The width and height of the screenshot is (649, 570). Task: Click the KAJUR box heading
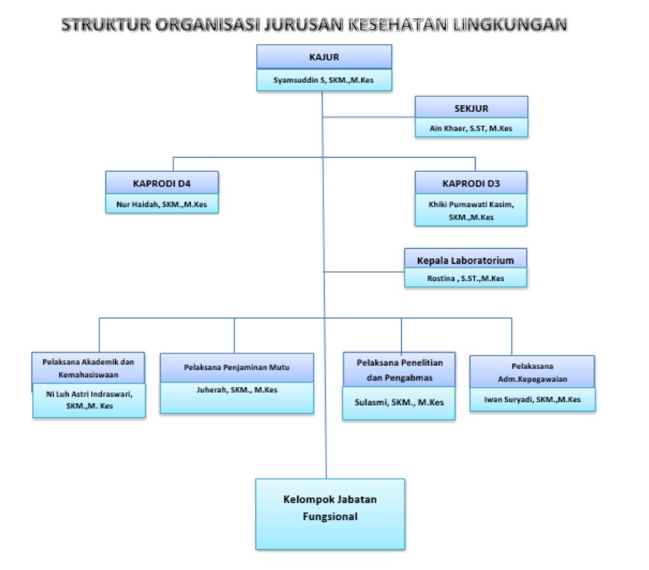pyautogui.click(x=323, y=57)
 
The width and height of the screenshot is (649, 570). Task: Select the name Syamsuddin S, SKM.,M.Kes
pyautogui.click(x=323, y=80)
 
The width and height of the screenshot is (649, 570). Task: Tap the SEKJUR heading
pyautogui.click(x=471, y=108)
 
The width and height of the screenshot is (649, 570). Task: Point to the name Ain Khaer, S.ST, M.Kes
pyautogui.click(x=471, y=128)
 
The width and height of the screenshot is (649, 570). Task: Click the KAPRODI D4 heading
pyautogui.click(x=161, y=183)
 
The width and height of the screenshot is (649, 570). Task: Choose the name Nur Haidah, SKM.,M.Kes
pyautogui.click(x=161, y=205)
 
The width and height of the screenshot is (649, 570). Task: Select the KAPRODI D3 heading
pyautogui.click(x=471, y=183)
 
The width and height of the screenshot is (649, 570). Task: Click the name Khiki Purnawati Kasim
pyautogui.click(x=471, y=204)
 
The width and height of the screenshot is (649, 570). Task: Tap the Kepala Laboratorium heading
pyautogui.click(x=465, y=261)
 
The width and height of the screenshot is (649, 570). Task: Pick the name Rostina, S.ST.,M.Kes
pyautogui.click(x=465, y=279)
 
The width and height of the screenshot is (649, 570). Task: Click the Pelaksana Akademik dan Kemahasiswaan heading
pyautogui.click(x=88, y=368)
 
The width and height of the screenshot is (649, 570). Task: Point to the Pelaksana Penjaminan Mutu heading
pyautogui.click(x=237, y=367)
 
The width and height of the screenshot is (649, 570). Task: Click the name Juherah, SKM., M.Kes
pyautogui.click(x=237, y=390)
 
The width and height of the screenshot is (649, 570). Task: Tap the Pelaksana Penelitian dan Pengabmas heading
pyautogui.click(x=400, y=370)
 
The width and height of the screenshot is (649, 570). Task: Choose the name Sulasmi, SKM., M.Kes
pyautogui.click(x=399, y=403)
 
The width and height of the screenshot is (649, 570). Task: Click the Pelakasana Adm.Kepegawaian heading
pyautogui.click(x=532, y=373)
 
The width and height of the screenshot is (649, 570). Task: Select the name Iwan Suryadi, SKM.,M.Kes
pyautogui.click(x=532, y=400)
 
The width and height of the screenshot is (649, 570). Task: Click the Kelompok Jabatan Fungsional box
pyautogui.click(x=330, y=514)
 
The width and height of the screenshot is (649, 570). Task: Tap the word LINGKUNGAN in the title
pyautogui.click(x=509, y=25)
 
